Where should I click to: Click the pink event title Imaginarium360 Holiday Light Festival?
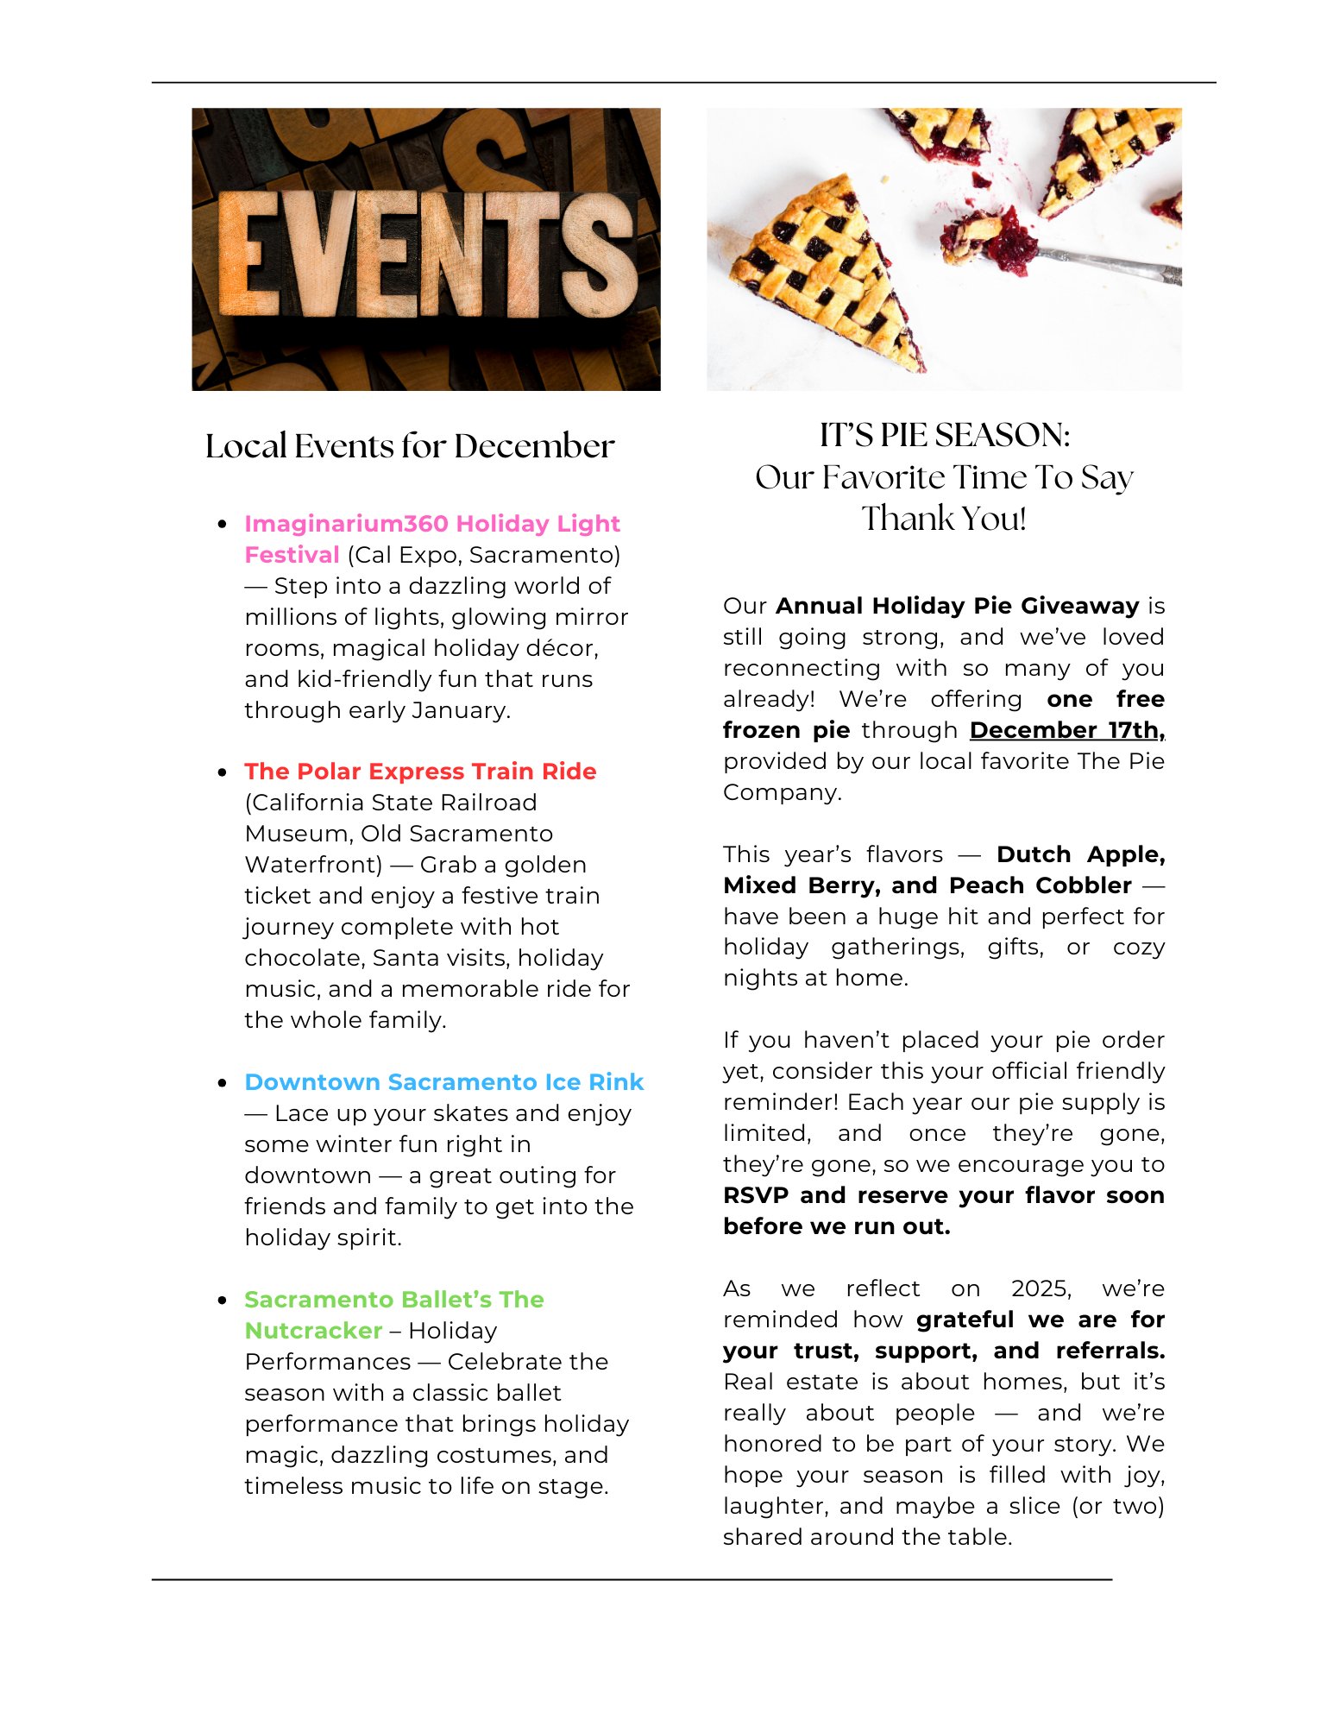tap(431, 524)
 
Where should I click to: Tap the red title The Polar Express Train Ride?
tap(420, 772)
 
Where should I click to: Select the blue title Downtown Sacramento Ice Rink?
tap(443, 1082)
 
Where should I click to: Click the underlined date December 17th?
tap(1066, 730)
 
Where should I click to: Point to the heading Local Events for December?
tap(410, 446)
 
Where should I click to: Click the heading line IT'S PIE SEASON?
tap(944, 435)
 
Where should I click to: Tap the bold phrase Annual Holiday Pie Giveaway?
tap(957, 606)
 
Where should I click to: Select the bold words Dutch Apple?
tap(1079, 854)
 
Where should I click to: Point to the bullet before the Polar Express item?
tap(223, 772)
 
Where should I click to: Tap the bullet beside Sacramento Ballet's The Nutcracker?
tap(223, 1301)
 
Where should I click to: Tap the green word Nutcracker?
tap(313, 1331)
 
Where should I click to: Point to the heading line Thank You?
tap(944, 519)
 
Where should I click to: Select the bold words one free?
tap(1105, 699)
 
